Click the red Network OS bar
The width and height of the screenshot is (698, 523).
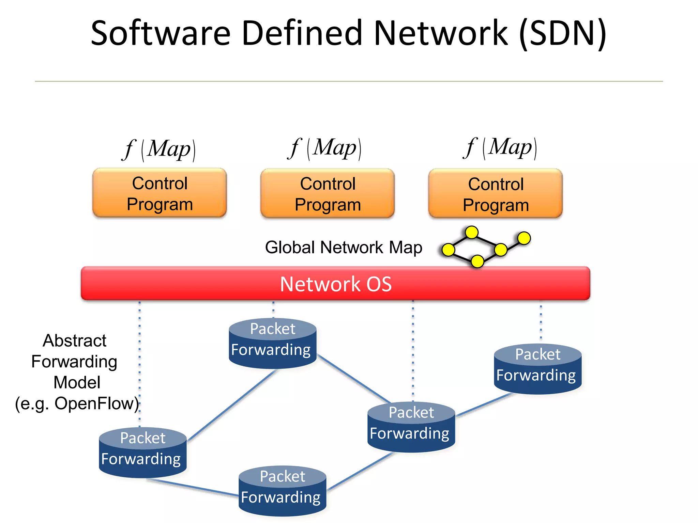click(335, 283)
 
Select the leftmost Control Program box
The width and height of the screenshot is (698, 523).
click(160, 193)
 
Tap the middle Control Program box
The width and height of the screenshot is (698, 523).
click(328, 193)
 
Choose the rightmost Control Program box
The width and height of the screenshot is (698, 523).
click(496, 194)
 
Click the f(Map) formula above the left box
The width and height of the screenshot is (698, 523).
click(160, 149)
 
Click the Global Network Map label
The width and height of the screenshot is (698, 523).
click(344, 247)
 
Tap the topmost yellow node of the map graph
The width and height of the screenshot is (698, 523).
click(472, 233)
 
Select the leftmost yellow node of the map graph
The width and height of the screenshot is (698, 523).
click(448, 250)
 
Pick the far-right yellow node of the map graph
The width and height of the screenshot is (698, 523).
click(524, 238)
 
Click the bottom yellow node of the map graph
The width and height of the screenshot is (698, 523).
click(477, 261)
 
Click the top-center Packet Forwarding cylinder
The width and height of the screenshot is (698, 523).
click(273, 343)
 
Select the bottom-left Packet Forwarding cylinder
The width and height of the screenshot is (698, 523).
click(143, 452)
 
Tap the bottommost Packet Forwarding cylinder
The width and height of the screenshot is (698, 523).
click(282, 491)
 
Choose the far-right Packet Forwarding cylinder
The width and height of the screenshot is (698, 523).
click(537, 369)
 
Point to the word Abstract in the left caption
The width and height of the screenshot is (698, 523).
click(75, 340)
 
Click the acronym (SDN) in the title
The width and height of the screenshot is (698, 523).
click(562, 33)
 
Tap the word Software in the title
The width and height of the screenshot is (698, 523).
click(161, 33)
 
